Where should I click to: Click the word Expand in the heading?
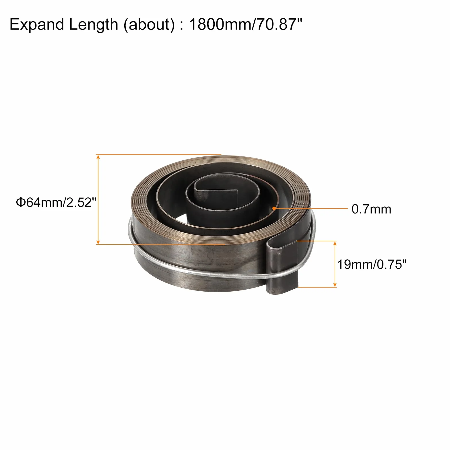tap(37, 25)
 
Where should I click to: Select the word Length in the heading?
tap(94, 25)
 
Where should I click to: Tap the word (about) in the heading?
tap(149, 25)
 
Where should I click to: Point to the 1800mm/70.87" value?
tap(245, 24)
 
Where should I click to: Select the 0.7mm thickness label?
tap(371, 209)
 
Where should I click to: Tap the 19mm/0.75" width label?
tap(372, 264)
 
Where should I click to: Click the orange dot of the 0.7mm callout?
tap(275, 208)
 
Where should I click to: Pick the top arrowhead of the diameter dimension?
tap(98, 157)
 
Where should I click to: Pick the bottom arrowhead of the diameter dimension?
tap(98, 242)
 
